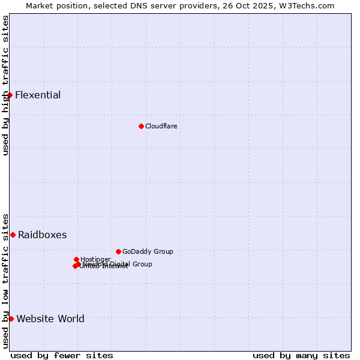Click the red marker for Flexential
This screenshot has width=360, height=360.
point(10,95)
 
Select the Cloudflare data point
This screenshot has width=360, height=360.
point(141,126)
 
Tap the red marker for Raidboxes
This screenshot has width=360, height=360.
point(13,235)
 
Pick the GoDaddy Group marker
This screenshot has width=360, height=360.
point(118,251)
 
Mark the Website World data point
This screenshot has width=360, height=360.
point(11,319)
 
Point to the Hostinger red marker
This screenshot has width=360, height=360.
point(76,259)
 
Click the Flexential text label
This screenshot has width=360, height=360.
point(38,95)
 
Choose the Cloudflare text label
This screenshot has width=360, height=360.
point(161,126)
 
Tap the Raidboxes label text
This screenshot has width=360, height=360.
point(42,235)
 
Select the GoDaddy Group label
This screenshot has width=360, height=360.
point(148,251)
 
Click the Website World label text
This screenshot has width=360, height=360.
point(50,319)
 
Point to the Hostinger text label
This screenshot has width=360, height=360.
point(95,259)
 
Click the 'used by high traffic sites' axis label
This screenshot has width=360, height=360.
point(5,85)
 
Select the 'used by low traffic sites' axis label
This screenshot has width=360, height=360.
point(5,280)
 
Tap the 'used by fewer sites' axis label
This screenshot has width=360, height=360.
point(62,355)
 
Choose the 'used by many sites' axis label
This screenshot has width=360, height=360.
point(301,355)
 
